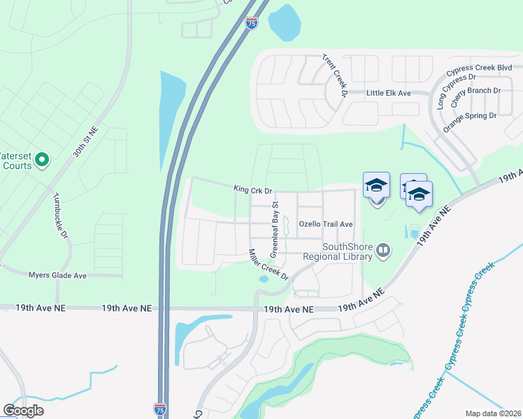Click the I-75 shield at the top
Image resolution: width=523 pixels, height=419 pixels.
click(x=251, y=24)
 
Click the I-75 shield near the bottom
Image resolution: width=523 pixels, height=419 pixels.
click(x=160, y=409)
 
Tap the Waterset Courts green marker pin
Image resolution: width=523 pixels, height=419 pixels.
click(x=42, y=161)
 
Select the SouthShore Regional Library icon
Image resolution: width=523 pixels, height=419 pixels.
click(x=383, y=249)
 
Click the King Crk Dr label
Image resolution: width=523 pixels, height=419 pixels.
click(x=252, y=189)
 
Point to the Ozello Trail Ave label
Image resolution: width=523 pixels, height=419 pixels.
click(x=326, y=224)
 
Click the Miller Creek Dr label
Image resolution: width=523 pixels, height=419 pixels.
click(x=269, y=265)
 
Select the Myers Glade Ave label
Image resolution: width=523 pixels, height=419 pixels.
click(x=57, y=276)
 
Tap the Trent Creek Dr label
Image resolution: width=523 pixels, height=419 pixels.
click(x=335, y=75)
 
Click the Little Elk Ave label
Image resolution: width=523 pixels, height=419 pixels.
click(x=389, y=93)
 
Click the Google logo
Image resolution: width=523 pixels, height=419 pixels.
click(x=23, y=411)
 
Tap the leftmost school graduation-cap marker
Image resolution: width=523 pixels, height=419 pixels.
click(x=376, y=186)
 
